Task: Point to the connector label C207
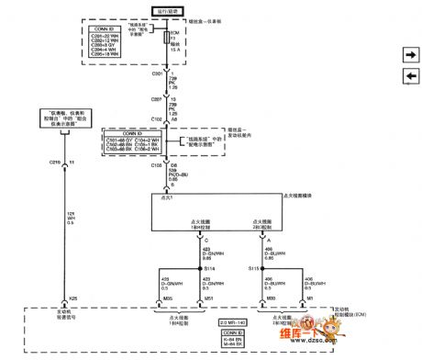click(157, 96)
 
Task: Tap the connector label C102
click(157, 118)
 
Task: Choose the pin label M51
click(208, 298)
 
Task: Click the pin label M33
click(271, 298)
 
